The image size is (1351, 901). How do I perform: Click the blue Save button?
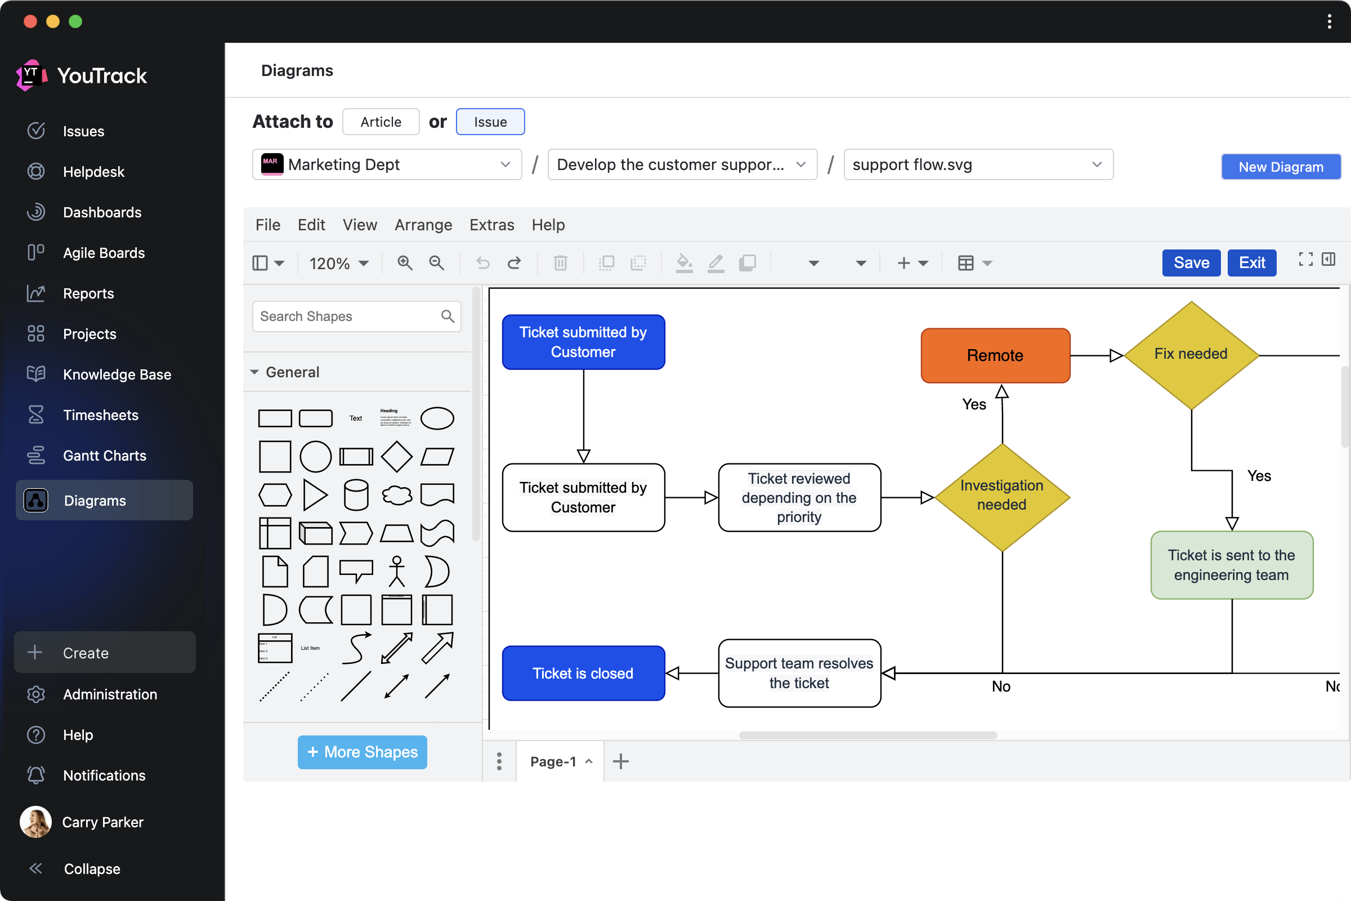(1191, 263)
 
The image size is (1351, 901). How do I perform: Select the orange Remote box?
(995, 356)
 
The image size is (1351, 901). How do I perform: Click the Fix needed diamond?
(1191, 355)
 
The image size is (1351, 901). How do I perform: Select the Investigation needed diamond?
(1002, 497)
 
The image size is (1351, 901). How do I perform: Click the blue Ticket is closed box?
(583, 673)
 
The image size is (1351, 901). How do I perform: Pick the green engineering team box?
(1231, 565)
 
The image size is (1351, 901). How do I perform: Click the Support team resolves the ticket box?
(799, 673)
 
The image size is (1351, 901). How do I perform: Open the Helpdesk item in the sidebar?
(93, 172)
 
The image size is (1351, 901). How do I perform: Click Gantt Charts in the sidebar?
(105, 456)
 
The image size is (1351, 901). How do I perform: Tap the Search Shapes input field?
(347, 316)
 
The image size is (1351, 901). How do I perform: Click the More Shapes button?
(362, 752)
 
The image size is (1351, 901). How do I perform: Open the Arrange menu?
(423, 225)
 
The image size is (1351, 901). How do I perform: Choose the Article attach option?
(381, 122)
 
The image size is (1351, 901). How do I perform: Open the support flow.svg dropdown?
(978, 165)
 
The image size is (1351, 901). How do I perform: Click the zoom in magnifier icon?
(405, 263)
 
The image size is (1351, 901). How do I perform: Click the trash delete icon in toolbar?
(560, 263)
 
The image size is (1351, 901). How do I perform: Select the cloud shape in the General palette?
(396, 495)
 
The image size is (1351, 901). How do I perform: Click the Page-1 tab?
(553, 761)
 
